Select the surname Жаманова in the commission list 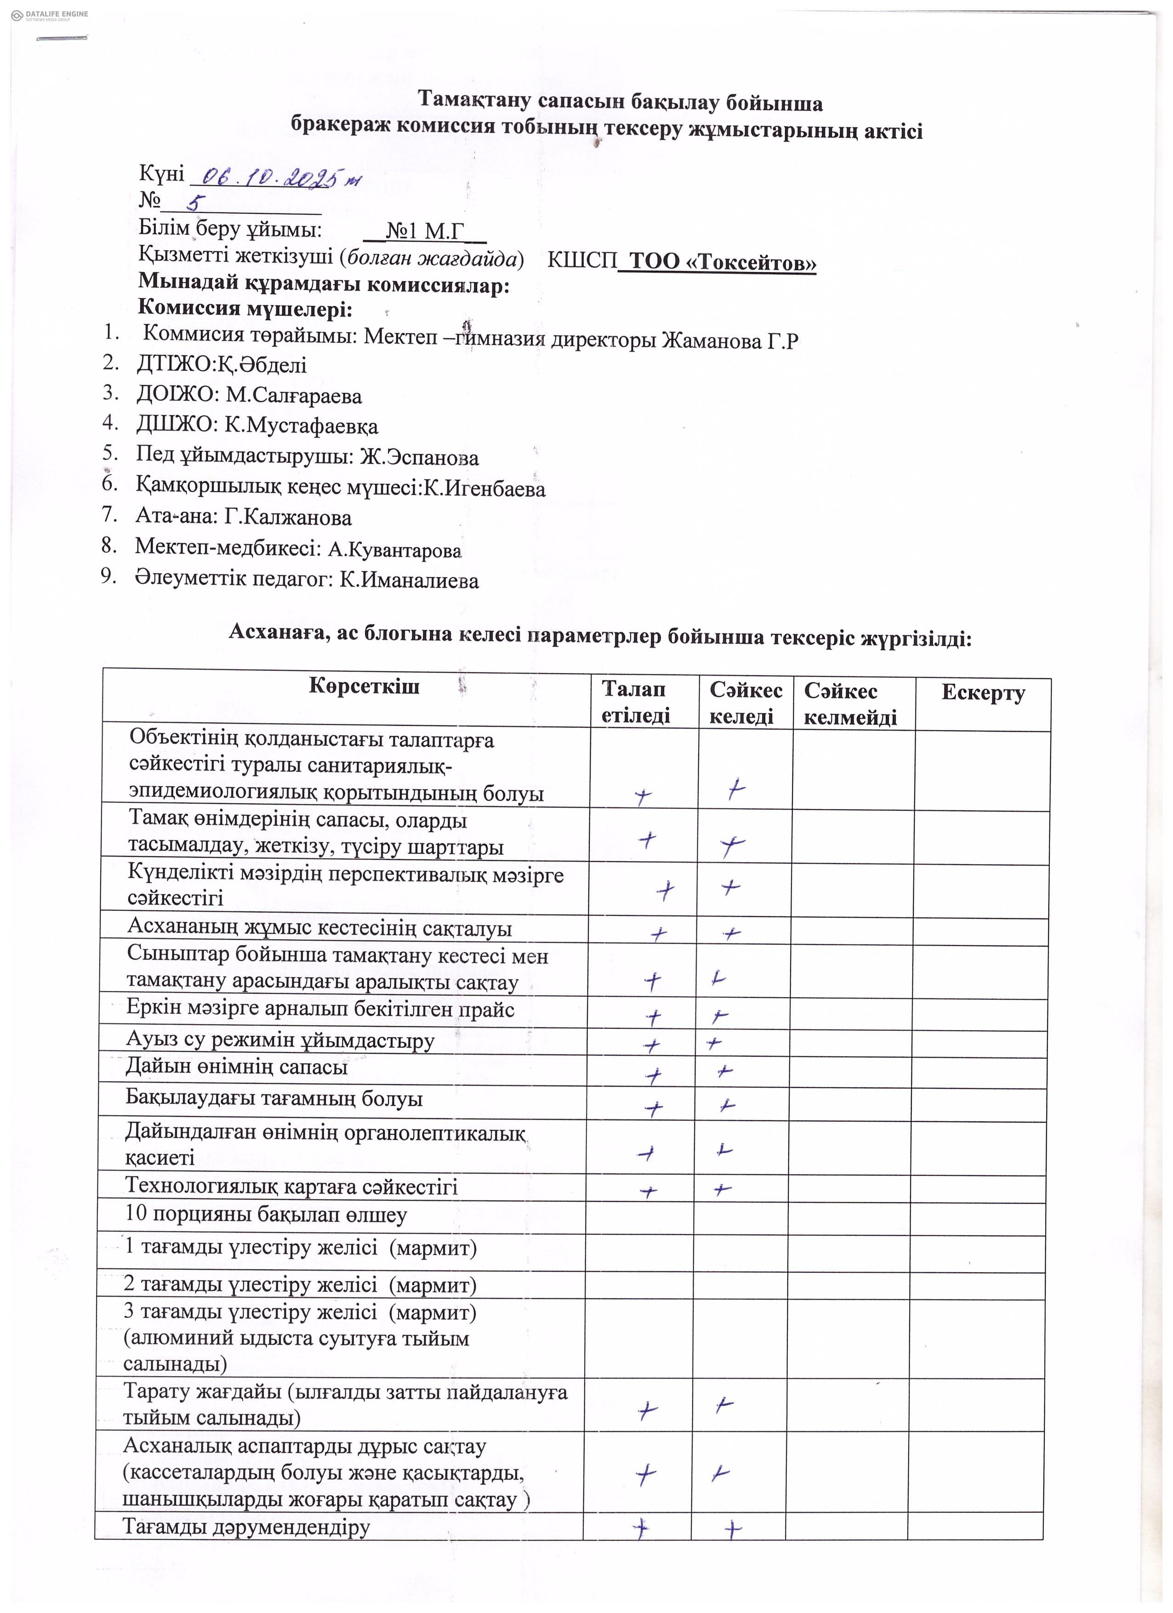[x=712, y=341]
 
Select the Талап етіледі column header [x=635, y=702]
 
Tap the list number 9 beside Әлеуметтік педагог [x=108, y=576]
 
